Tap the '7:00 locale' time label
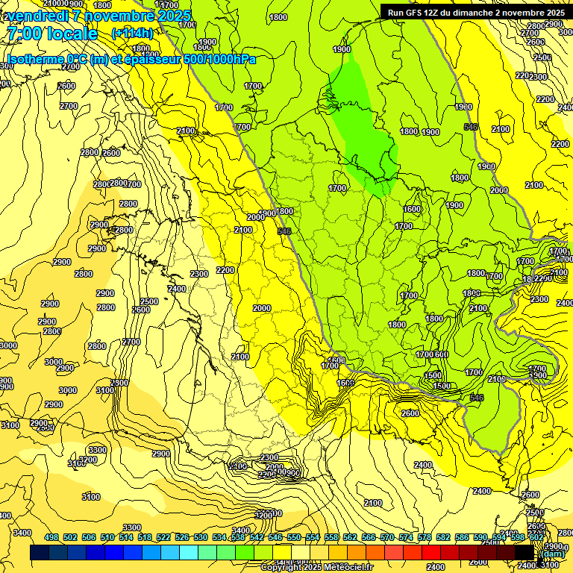[x=51, y=34]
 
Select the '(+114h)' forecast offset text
[x=132, y=34]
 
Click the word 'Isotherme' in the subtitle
[x=34, y=59]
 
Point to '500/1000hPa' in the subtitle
[x=216, y=59]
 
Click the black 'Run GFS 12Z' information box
[x=475, y=12]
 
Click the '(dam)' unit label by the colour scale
[x=554, y=554]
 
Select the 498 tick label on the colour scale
[x=51, y=538]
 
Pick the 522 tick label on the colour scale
[x=163, y=538]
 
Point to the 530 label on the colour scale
[x=201, y=538]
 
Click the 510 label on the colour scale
[x=107, y=538]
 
